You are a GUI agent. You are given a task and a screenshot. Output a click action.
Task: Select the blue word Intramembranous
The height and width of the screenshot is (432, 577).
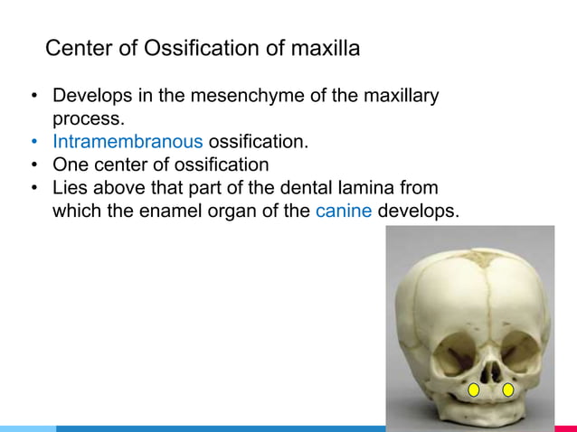click(x=128, y=142)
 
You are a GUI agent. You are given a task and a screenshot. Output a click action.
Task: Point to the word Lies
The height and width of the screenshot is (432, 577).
click(x=71, y=189)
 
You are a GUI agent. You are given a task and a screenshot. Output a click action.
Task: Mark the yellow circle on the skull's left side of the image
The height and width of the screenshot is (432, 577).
click(x=473, y=390)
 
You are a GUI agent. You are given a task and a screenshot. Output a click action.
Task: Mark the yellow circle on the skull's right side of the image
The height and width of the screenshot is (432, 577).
click(x=508, y=390)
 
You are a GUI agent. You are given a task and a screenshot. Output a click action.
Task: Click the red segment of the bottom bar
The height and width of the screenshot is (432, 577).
click(x=565, y=428)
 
